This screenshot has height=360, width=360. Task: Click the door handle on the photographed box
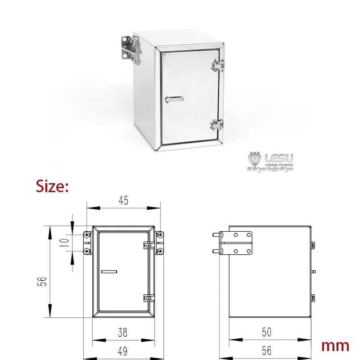pos(174,98)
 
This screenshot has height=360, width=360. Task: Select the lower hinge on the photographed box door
pos(217,124)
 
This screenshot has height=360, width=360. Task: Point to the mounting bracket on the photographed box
pos(129,49)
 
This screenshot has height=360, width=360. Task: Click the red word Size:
pos(52,186)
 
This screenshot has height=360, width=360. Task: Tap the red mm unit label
pos(335,346)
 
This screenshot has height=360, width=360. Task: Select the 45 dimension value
pos(123,201)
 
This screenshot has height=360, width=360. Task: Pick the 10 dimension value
pos(64,243)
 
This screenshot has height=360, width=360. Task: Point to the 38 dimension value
pos(123,333)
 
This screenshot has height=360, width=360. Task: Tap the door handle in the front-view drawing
pos(109,271)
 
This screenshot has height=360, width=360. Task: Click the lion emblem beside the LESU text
pos(254,159)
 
